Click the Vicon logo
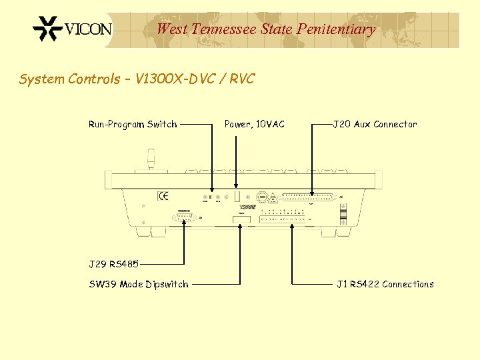(x=73, y=29)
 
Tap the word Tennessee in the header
(x=224, y=29)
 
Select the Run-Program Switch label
(x=133, y=124)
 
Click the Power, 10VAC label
(x=254, y=124)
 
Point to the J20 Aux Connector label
(x=375, y=124)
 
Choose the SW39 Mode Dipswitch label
(x=139, y=285)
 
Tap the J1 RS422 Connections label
(x=385, y=285)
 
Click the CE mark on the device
(x=163, y=196)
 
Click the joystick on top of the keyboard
(x=151, y=161)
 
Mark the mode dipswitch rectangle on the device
(x=240, y=219)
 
